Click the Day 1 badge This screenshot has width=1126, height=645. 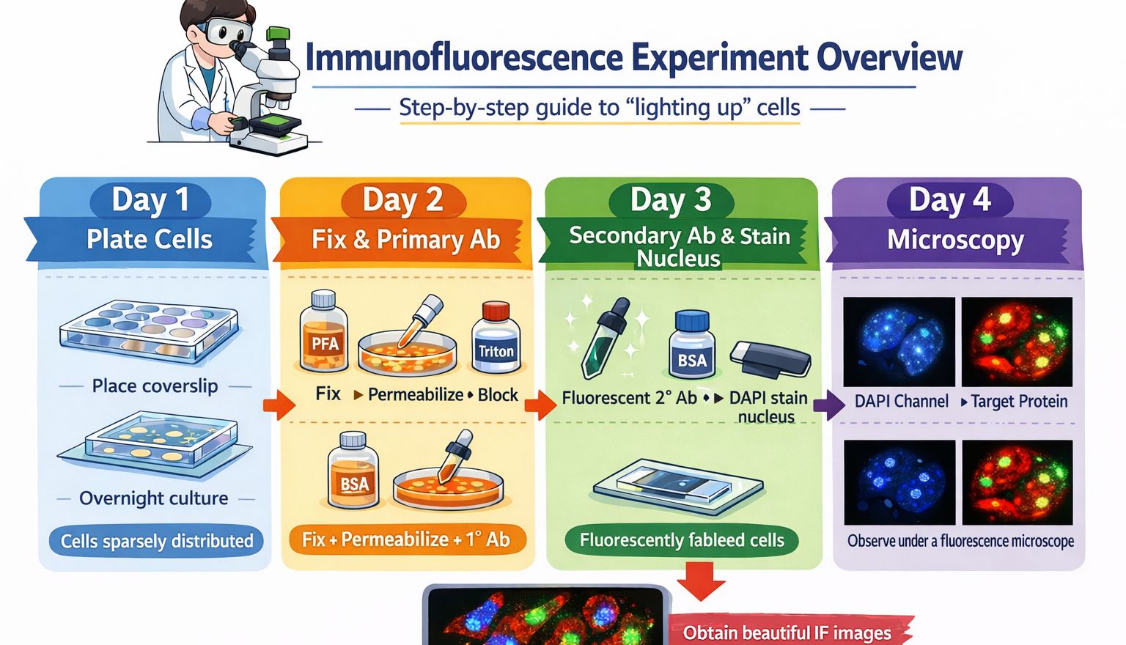tap(150, 200)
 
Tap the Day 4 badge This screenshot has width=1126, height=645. tap(949, 200)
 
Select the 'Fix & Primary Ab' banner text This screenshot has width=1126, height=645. tap(405, 239)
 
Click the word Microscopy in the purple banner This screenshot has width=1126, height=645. tap(955, 240)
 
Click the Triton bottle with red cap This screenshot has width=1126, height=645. tap(496, 337)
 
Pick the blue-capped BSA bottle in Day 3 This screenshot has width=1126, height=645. tap(692, 345)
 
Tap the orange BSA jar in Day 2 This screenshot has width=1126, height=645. tap(354, 470)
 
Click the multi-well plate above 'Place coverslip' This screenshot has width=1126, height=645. tap(149, 331)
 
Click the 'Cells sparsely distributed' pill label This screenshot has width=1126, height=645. tap(156, 541)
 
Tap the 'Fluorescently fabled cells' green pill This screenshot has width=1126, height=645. tap(682, 540)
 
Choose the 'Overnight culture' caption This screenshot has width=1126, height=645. tap(154, 498)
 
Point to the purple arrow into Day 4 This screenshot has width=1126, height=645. tap(829, 405)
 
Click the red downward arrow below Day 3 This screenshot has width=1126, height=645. tap(701, 581)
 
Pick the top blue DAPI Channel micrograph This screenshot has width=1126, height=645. tap(899, 342)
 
